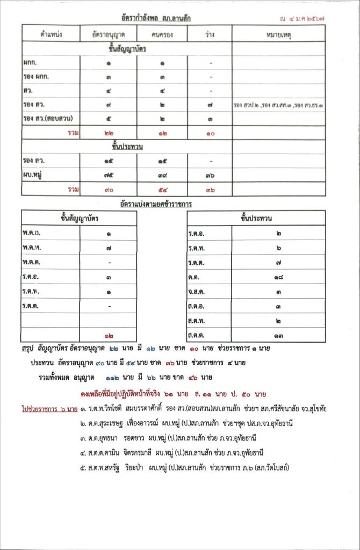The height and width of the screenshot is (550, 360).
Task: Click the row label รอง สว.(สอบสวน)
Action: click(x=48, y=119)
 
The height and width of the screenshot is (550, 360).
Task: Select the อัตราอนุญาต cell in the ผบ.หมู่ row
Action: click(x=108, y=175)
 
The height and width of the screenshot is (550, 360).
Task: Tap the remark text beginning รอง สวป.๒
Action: click(x=278, y=105)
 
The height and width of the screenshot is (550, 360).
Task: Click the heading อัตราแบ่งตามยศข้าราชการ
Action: click(x=156, y=204)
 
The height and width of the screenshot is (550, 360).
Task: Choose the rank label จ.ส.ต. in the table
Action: click(x=198, y=292)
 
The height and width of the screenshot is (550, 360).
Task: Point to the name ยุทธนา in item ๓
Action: click(x=110, y=438)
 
